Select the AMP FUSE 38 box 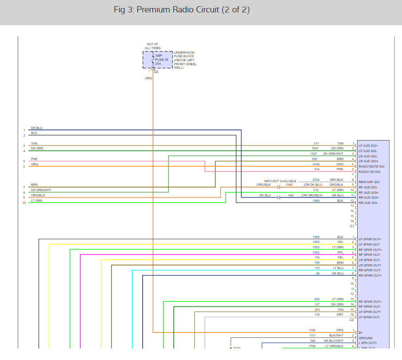click(158, 59)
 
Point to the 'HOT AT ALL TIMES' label click(153, 46)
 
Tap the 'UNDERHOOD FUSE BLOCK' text click(184, 55)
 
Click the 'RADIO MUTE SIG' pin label click(371, 166)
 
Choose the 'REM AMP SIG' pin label click(369, 182)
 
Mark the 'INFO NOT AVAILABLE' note click(280, 181)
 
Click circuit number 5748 click(315, 164)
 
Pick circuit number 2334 click(315, 180)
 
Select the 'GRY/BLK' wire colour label click(336, 180)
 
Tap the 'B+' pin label click(360, 332)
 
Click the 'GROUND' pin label click(366, 337)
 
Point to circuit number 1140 click(312, 330)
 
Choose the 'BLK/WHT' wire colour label click(336, 336)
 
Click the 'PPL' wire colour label click(340, 252)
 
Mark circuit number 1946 click(316, 200)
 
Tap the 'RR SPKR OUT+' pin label click(370, 275)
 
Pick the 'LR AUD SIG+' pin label click(368, 161)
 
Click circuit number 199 click(316, 263)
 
